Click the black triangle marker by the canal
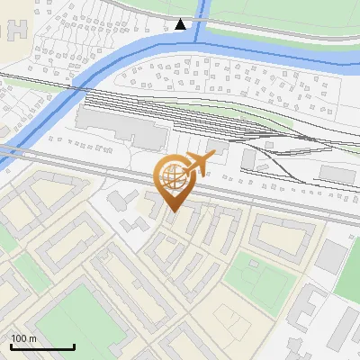click(x=181, y=24)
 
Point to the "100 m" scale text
click(x=24, y=338)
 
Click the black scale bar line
click(x=41, y=346)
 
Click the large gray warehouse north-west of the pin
click(x=121, y=126)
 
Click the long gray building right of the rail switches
click(x=337, y=173)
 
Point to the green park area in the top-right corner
click(x=288, y=13)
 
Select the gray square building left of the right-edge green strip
click(x=330, y=256)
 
